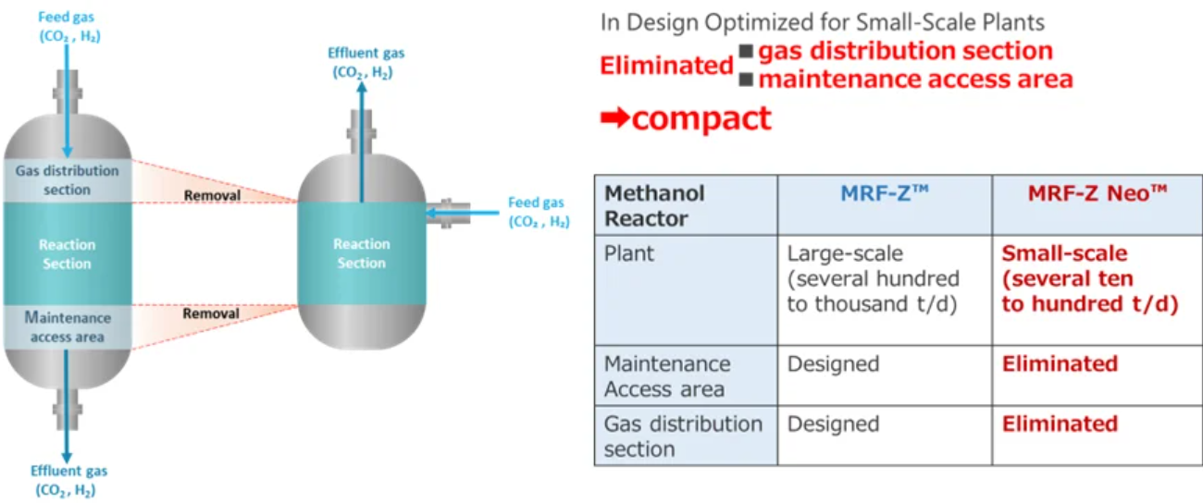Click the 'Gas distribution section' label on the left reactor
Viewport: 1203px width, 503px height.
coord(67,180)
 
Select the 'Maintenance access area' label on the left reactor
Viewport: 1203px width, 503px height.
coord(67,326)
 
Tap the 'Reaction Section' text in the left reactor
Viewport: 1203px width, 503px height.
coord(67,254)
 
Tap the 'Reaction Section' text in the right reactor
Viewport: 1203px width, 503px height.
coord(361,253)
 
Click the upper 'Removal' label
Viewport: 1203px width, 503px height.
coord(212,196)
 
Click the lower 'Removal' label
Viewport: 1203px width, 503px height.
coord(212,313)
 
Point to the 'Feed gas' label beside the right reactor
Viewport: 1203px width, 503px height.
coord(539,212)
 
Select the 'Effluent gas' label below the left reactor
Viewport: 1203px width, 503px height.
coord(67,480)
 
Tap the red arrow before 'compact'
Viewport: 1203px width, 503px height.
coord(615,119)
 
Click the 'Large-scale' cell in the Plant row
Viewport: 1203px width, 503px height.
coord(873,278)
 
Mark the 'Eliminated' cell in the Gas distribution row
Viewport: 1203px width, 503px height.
coord(1060,424)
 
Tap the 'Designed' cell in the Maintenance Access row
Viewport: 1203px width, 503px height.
coord(833,364)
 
